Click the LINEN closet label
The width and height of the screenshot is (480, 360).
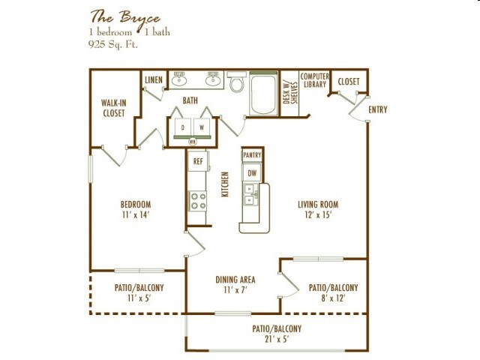point(153,80)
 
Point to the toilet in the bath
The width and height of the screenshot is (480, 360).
point(237,82)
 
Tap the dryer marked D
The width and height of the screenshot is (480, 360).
point(182,127)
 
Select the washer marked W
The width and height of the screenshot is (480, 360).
point(201,127)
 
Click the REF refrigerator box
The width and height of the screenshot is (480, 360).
point(198,161)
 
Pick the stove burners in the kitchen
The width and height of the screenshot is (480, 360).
point(198,200)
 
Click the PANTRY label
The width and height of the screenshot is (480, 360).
point(252,154)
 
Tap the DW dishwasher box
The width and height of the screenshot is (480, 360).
point(252,173)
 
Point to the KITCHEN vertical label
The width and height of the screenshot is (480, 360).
point(225,184)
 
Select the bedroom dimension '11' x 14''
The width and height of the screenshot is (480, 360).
point(136,215)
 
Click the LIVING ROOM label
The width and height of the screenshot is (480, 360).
point(317,204)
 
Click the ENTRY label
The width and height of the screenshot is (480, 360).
point(377,111)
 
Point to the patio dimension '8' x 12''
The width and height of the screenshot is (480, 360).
point(333,298)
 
